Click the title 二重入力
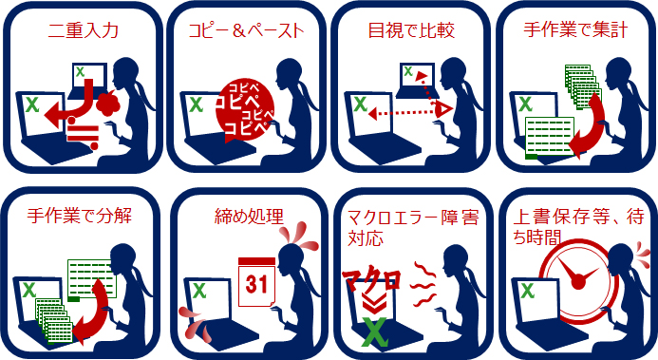pos(84,30)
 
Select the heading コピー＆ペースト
pos(246,30)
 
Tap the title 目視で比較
pos(411,30)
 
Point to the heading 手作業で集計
pos(575,30)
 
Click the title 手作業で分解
pos(80,216)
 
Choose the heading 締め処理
pos(249,216)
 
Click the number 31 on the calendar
pos(256,284)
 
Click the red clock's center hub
pos(578,282)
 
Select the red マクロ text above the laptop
pos(371,279)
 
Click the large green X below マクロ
pos(374,332)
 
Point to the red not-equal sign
pos(84,133)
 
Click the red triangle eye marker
pos(444,110)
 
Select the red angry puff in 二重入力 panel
pos(108,104)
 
